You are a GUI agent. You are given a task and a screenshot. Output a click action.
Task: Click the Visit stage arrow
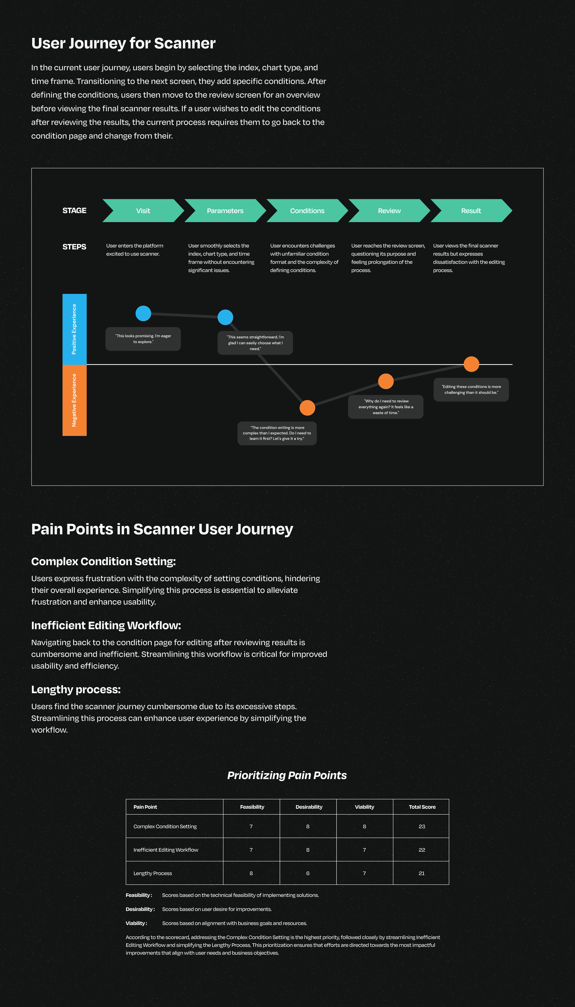click(143, 211)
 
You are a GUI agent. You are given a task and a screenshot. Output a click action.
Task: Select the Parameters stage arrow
click(225, 211)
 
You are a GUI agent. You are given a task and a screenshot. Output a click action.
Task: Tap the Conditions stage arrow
click(307, 211)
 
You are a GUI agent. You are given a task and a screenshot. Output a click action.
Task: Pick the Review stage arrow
click(389, 211)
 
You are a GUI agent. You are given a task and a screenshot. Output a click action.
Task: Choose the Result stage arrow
click(471, 211)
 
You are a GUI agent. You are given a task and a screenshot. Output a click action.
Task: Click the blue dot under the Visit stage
click(143, 313)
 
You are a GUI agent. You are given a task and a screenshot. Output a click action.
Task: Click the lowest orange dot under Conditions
click(307, 408)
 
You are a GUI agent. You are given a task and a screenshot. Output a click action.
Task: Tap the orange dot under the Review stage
click(386, 381)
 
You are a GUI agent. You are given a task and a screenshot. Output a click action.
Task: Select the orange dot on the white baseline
click(471, 364)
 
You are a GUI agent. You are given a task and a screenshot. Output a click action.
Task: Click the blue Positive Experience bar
click(74, 329)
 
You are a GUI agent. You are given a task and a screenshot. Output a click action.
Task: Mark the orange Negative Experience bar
click(74, 400)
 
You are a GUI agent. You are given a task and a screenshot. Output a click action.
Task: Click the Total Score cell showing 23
click(422, 826)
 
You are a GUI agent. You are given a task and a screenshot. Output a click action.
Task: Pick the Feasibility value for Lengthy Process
click(251, 873)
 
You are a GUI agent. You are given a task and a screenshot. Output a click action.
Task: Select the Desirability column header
click(309, 807)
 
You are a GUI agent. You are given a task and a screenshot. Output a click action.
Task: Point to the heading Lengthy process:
click(76, 689)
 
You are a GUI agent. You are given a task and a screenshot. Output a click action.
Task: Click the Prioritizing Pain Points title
click(287, 775)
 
